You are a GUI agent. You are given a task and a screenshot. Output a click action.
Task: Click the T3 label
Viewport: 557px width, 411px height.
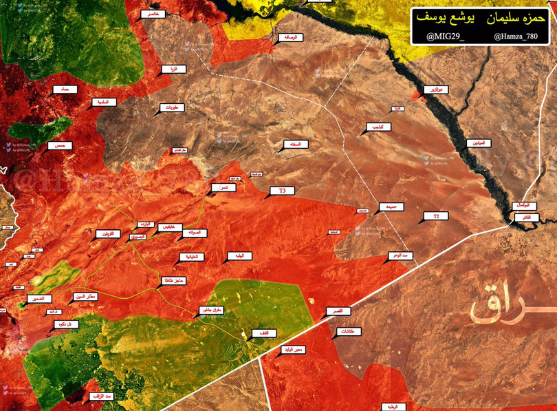click(282, 191)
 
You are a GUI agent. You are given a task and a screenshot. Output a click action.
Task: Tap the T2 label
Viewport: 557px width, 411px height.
click(435, 217)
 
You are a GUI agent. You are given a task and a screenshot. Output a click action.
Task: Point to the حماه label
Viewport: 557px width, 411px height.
click(66, 89)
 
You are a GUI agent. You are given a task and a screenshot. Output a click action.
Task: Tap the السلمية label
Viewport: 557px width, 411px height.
click(105, 103)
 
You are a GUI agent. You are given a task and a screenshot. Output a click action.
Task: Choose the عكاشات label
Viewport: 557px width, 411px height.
click(351, 332)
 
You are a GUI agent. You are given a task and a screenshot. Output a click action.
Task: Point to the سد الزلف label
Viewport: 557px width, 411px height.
click(101, 397)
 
